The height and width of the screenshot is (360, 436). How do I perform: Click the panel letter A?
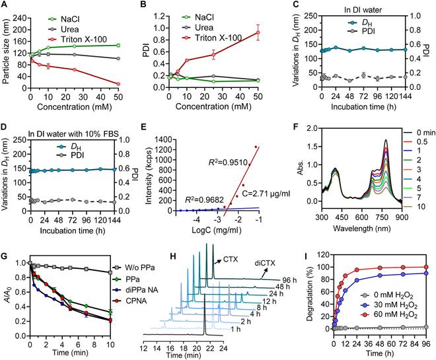tap(5, 5)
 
